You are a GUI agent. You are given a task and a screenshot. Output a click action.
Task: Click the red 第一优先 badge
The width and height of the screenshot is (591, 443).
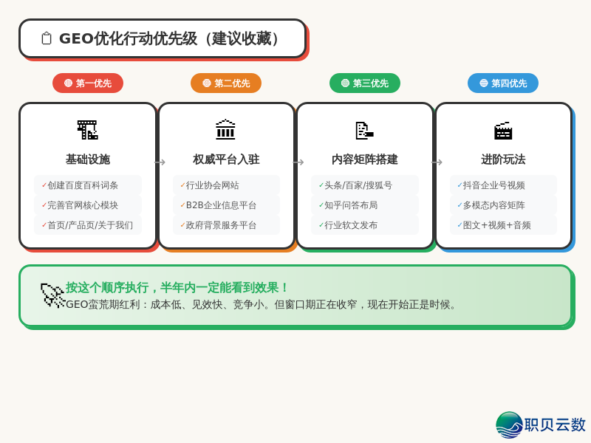(x=88, y=83)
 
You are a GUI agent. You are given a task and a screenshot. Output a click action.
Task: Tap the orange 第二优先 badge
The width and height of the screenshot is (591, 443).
(x=226, y=83)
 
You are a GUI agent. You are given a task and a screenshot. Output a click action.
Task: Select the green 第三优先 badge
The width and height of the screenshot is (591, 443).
(x=365, y=83)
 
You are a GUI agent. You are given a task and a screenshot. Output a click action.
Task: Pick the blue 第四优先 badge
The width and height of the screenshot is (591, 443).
(x=503, y=83)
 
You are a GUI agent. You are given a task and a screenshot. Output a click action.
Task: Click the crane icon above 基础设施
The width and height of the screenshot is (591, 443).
(x=88, y=130)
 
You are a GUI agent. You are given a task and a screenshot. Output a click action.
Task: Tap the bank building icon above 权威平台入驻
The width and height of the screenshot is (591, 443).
(x=226, y=130)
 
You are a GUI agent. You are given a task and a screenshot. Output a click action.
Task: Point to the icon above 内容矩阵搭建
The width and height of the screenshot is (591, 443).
(x=365, y=130)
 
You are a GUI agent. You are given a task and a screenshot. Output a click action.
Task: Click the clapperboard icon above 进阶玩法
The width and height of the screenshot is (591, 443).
(x=503, y=130)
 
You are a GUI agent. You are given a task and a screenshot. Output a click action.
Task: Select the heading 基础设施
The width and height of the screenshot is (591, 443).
(x=88, y=159)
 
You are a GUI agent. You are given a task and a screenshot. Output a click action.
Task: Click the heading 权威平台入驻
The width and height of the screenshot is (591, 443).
(x=226, y=159)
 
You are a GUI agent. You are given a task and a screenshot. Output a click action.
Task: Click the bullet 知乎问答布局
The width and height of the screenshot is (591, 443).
(x=351, y=205)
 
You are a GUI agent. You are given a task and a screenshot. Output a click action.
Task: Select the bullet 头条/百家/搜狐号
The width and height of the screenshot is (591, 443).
(x=358, y=185)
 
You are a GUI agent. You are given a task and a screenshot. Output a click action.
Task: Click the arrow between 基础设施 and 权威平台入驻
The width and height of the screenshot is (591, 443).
(x=160, y=162)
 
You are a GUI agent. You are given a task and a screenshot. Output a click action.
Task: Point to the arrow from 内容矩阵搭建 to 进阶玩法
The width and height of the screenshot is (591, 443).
(x=437, y=162)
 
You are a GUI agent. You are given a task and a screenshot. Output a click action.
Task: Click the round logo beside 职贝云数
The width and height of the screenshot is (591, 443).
(x=509, y=425)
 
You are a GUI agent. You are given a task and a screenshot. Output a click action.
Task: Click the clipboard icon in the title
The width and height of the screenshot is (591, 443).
(x=47, y=38)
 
